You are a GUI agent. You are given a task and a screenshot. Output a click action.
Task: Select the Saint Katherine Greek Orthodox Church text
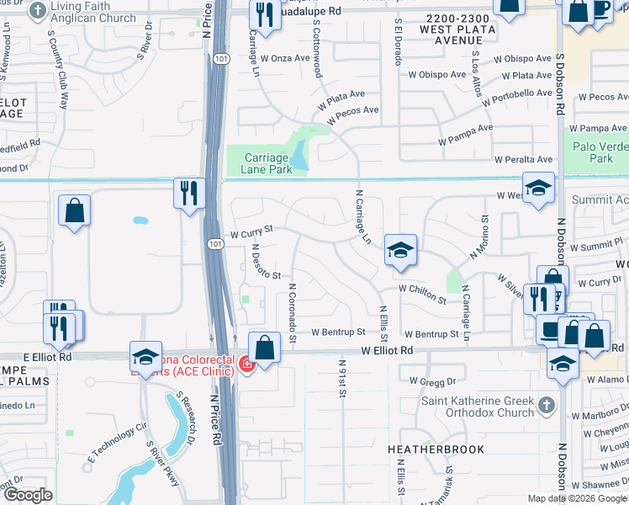pos(478,407)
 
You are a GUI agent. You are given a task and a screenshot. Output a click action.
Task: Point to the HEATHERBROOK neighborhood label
pos(436,449)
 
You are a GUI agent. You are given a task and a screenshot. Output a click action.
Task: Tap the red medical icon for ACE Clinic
pos(246,364)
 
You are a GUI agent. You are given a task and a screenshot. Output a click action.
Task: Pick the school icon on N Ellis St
pos(401,249)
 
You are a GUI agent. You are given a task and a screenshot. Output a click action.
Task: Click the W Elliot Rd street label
pos(388,350)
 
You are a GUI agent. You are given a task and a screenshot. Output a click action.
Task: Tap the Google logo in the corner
pos(27,494)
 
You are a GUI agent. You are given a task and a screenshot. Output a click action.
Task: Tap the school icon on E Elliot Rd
pos(145,357)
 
